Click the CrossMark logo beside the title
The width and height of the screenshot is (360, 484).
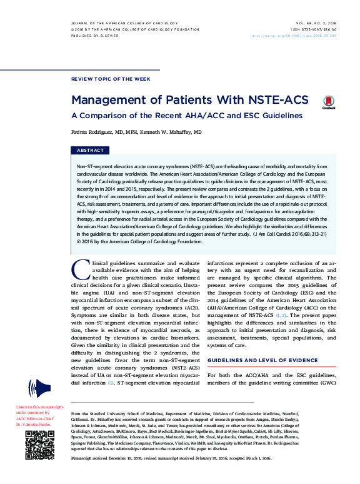pyautogui.click(x=328, y=103)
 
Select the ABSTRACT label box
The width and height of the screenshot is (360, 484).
pyautogui.click(x=90, y=151)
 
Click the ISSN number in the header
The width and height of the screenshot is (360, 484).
pyautogui.click(x=313, y=29)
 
